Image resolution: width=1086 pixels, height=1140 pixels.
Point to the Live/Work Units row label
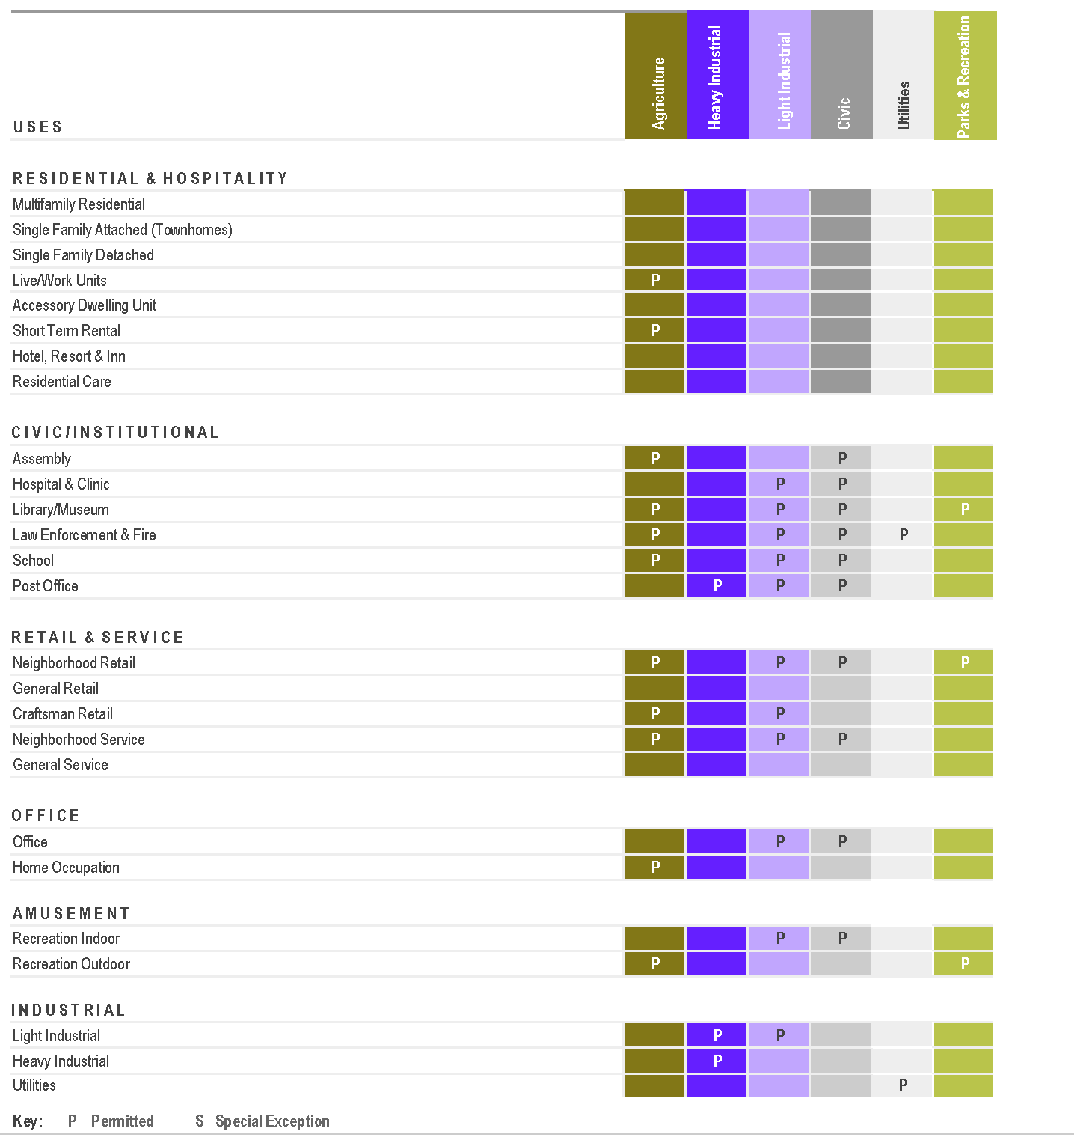[x=60, y=281]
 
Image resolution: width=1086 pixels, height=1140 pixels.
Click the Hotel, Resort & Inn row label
[x=69, y=356]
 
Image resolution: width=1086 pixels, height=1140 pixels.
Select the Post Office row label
[x=46, y=586]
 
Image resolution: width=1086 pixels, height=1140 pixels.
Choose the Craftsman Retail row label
[x=63, y=714]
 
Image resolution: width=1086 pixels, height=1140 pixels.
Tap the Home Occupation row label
[x=66, y=868]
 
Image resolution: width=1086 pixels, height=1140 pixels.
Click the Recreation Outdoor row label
[x=71, y=964]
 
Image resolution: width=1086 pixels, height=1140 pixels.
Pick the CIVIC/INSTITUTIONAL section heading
[x=115, y=433]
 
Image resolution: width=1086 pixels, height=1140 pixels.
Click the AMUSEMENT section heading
[x=71, y=914]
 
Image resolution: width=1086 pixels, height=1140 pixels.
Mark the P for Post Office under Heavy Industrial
[x=717, y=586]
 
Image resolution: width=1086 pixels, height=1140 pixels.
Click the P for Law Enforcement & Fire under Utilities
[x=904, y=535]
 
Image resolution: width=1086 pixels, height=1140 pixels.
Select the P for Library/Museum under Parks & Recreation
[x=965, y=510]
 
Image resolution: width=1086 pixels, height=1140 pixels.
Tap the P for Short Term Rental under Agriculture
[x=656, y=331]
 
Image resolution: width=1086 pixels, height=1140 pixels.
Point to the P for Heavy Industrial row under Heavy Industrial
[x=717, y=1061]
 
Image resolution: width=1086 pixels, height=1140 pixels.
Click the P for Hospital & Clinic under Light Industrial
[x=780, y=484]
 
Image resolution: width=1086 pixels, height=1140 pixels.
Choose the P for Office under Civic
[x=842, y=842]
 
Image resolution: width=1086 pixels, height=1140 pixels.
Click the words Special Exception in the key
[x=272, y=1121]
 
